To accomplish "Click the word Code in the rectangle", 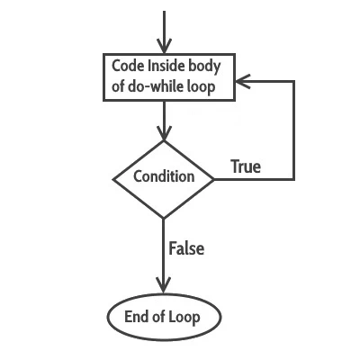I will coord(126,67).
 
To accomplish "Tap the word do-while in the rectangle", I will coord(155,87).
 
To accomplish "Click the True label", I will coord(246,166).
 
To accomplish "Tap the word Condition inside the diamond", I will coord(163,176).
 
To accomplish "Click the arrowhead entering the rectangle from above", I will coord(164,47).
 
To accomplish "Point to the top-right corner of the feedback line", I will coord(294,82).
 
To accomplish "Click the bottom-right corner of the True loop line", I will coord(294,178).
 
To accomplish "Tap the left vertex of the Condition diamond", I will coord(112,178).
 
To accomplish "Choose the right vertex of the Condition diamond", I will coord(215,178).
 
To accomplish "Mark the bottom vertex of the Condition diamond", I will coord(164,218).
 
